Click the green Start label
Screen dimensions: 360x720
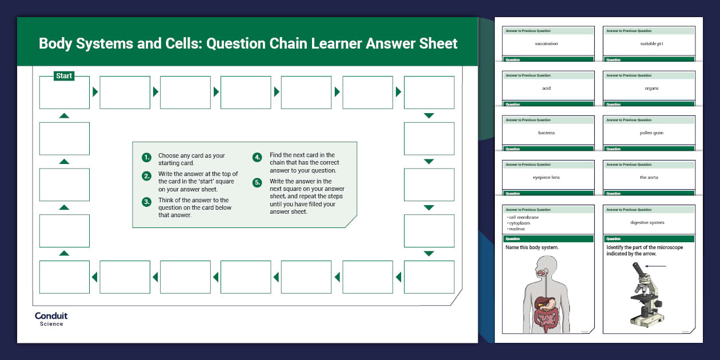tap(64, 76)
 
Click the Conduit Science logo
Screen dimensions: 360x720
tap(51, 319)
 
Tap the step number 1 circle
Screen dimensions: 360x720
tap(147, 158)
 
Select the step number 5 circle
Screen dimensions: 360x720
tap(258, 183)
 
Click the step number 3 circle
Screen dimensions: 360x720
tap(147, 202)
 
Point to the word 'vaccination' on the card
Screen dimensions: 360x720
tap(546, 43)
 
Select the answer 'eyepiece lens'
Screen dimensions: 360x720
tap(546, 177)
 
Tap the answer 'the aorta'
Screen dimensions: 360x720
tap(649, 177)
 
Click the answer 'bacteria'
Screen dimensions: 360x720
tap(546, 133)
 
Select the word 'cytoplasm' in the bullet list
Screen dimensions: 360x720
tap(519, 223)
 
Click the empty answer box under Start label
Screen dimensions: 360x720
tap(64, 93)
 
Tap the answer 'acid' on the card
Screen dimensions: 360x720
tap(546, 88)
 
